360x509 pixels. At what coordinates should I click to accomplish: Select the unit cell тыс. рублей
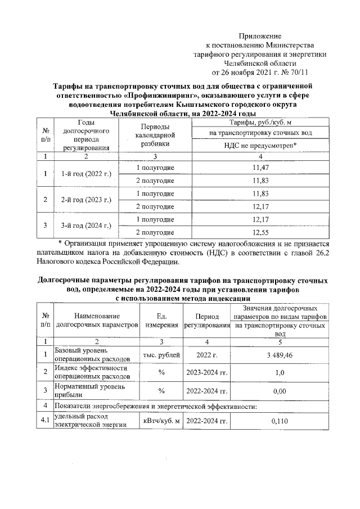(x=161, y=355)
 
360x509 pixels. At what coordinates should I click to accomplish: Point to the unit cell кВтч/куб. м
(x=161, y=420)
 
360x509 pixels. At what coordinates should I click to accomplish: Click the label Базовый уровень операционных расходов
(x=90, y=355)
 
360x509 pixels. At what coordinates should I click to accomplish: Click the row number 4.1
(x=44, y=420)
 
